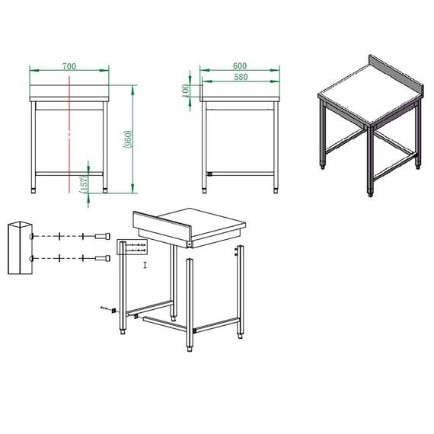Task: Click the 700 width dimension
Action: [69, 66]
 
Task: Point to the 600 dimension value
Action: [239, 66]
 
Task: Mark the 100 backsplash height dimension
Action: [185, 89]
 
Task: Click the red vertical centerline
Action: [69, 129]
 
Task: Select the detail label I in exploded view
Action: [145, 265]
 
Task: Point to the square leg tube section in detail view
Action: [20, 247]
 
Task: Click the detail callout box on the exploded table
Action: [130, 247]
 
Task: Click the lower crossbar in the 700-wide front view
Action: [69, 173]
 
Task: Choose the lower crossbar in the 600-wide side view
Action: [241, 173]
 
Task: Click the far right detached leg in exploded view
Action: [241, 289]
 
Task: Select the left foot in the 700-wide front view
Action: [33, 185]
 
